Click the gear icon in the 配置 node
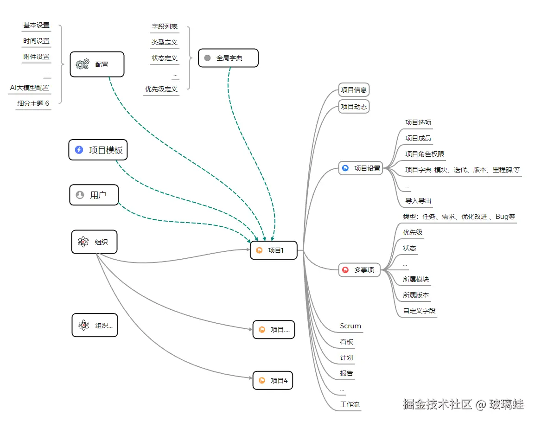[83, 64]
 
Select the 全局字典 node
[228, 58]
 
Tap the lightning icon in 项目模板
[79, 150]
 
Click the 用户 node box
[94, 195]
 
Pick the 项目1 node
[274, 250]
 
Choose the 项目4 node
[274, 381]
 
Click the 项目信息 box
[354, 90]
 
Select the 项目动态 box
[354, 107]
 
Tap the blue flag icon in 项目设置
[345, 168]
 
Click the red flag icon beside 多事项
[345, 269]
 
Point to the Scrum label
[350, 326]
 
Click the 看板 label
[347, 342]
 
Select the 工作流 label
[350, 404]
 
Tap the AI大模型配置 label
[30, 88]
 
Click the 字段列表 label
[165, 27]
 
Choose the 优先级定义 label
[161, 89]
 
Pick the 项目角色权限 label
[425, 154]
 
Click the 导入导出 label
[419, 201]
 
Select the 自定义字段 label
[419, 311]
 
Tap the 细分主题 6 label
[33, 103]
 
